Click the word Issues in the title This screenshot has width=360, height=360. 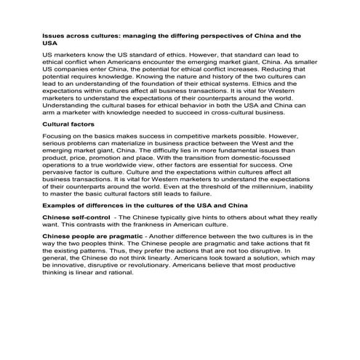pyautogui.click(x=55, y=34)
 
